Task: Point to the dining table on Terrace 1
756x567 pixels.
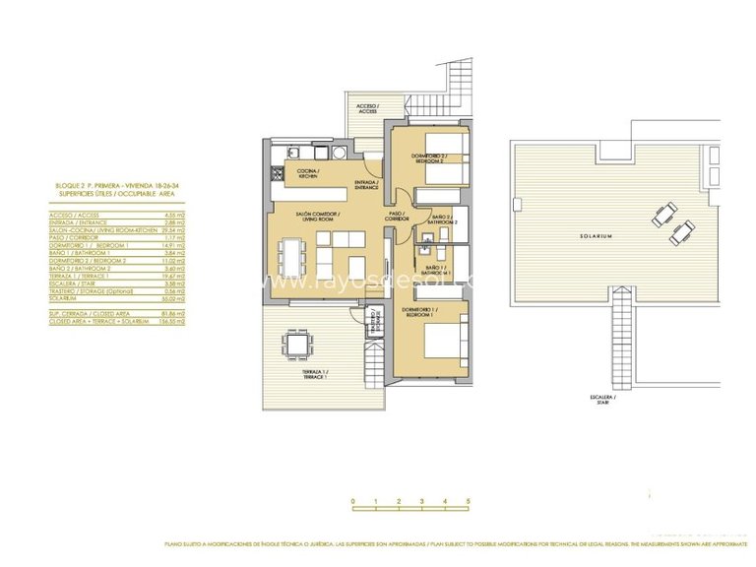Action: pyautogui.click(x=297, y=344)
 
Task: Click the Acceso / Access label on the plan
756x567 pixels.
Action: pyautogui.click(x=366, y=109)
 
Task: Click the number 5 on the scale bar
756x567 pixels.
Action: pyautogui.click(x=468, y=501)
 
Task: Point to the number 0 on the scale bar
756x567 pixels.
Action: pyautogui.click(x=352, y=501)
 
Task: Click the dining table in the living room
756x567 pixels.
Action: pyautogui.click(x=291, y=258)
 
